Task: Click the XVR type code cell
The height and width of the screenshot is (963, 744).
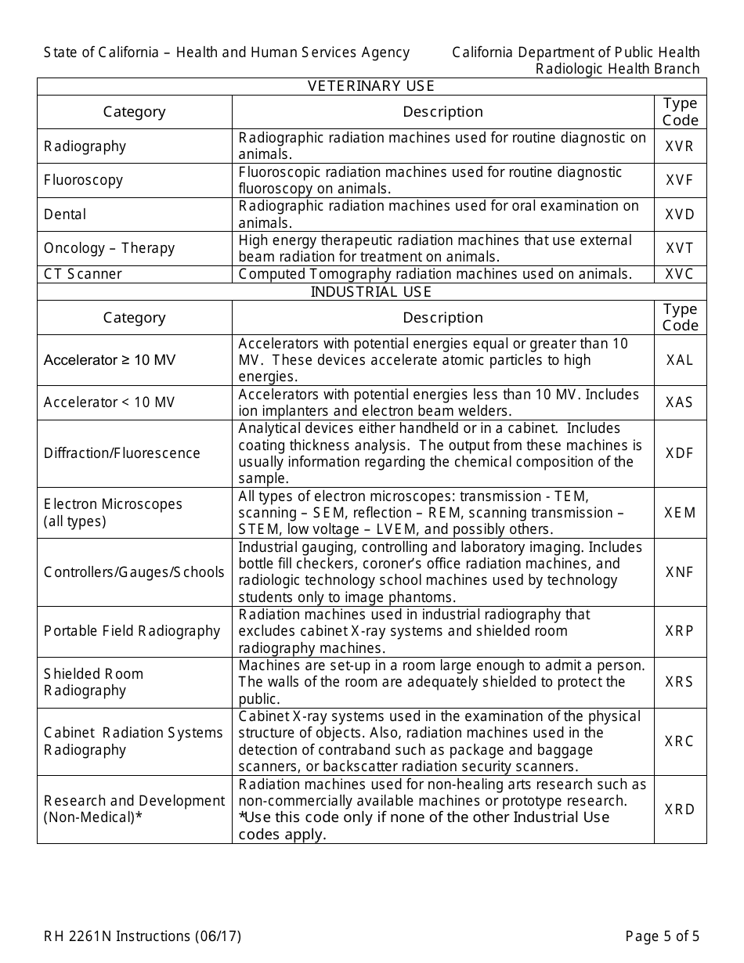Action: [x=680, y=146]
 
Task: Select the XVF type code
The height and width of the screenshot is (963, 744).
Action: [x=680, y=180]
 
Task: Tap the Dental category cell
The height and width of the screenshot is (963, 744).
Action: [x=65, y=215]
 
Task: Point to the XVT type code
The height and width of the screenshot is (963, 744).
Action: [x=680, y=248]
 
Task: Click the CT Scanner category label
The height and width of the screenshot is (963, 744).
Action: [x=83, y=274]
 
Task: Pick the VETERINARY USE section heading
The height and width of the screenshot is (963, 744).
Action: [x=371, y=86]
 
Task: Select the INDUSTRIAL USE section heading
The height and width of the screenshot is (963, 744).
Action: [x=371, y=292]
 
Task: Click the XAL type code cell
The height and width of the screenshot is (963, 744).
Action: [x=680, y=360]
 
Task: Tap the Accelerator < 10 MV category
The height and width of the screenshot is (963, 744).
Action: [x=110, y=402]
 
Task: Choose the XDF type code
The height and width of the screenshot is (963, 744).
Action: [x=680, y=453]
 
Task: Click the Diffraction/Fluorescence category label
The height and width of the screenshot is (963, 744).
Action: [x=122, y=453]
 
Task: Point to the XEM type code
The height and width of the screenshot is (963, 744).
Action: [x=680, y=513]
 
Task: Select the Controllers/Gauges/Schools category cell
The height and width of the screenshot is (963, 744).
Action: [x=134, y=572]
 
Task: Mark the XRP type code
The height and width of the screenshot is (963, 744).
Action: [x=680, y=631]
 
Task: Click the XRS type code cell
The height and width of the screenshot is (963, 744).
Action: [x=680, y=682]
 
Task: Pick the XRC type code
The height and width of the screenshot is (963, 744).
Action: [x=680, y=741]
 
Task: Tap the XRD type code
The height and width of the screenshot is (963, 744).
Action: [x=680, y=810]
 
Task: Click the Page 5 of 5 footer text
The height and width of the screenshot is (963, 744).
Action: [x=663, y=936]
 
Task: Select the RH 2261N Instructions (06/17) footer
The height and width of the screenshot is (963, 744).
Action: [x=143, y=936]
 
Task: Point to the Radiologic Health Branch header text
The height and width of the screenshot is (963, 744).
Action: [x=617, y=69]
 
